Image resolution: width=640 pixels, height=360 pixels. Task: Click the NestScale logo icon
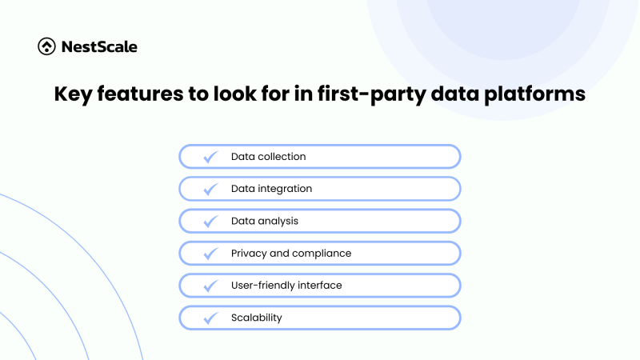pyautogui.click(x=46, y=46)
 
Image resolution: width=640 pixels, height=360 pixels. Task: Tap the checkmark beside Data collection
pyautogui.click(x=211, y=157)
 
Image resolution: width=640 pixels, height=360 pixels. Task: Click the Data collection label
pyautogui.click(x=268, y=157)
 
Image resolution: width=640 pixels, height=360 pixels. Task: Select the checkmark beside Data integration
pyautogui.click(x=211, y=189)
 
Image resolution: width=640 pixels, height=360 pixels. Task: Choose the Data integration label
pyautogui.click(x=271, y=189)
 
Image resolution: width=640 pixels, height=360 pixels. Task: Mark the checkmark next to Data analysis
pyautogui.click(x=211, y=221)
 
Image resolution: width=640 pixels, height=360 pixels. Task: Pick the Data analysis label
pyautogui.click(x=265, y=221)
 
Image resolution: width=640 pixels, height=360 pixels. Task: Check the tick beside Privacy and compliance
pyautogui.click(x=211, y=254)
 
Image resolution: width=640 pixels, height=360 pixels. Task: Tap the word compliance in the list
pyautogui.click(x=322, y=254)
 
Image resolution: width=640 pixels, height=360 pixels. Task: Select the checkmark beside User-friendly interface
pyautogui.click(x=211, y=286)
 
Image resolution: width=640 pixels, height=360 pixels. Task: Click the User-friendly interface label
pyautogui.click(x=286, y=286)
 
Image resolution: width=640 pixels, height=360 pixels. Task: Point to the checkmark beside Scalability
pyautogui.click(x=211, y=318)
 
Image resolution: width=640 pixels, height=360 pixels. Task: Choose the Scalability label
pyautogui.click(x=256, y=318)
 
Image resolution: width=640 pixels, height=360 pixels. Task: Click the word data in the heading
pyautogui.click(x=445, y=94)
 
